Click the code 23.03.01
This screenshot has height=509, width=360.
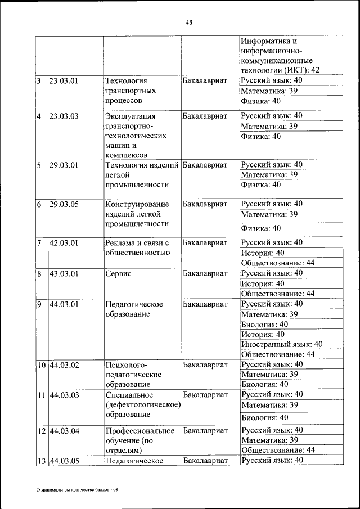(64, 80)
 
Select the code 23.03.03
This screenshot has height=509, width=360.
(64, 116)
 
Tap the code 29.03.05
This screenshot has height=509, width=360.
(64, 204)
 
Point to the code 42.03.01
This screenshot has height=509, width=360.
(64, 242)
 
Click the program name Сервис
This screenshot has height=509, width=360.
(118, 274)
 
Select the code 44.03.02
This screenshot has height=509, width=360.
(64, 365)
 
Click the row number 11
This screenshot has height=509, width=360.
(41, 395)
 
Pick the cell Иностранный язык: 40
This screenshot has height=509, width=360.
(282, 344)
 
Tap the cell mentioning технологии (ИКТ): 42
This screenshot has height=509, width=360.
(280, 70)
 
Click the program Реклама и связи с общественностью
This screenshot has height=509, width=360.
(137, 247)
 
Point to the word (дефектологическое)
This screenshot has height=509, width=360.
(142, 405)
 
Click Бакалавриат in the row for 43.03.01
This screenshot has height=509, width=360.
(205, 274)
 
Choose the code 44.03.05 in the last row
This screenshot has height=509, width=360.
(64, 461)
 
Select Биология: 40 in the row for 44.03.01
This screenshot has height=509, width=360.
(264, 325)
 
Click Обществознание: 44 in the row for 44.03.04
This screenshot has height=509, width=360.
(277, 451)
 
